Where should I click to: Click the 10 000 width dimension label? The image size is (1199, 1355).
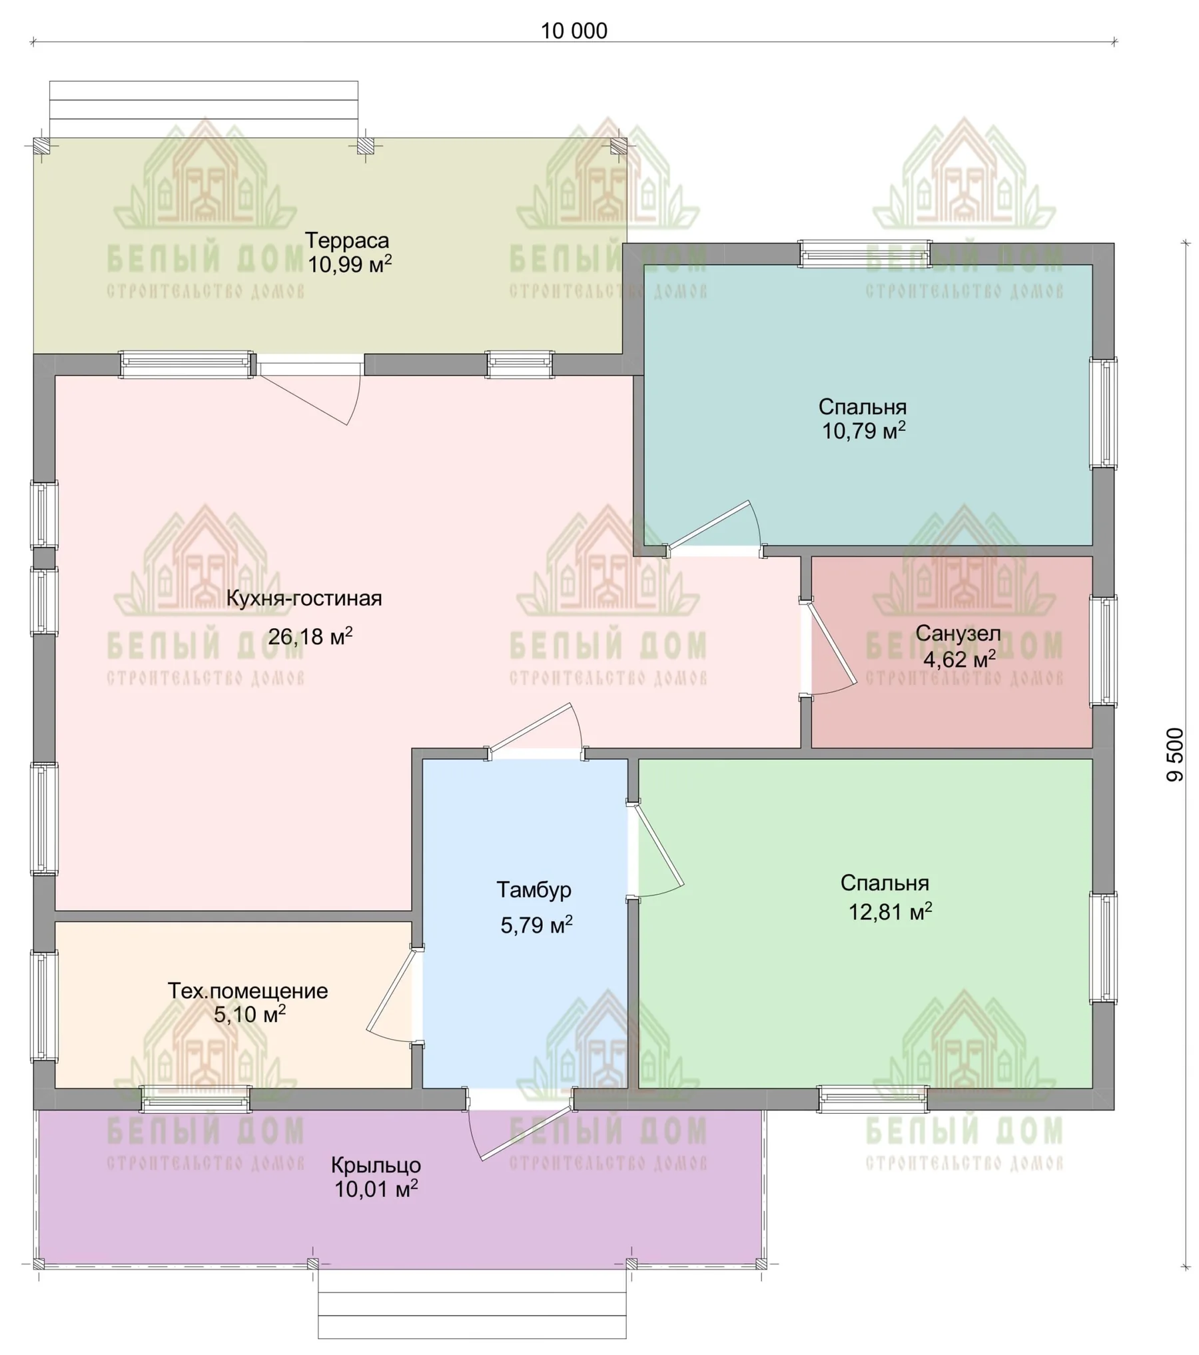574,31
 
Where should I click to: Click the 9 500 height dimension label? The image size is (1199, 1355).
1176,754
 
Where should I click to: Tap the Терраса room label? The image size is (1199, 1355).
347,240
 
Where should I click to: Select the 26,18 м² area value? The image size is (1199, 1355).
310,636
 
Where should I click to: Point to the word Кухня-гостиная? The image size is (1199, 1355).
304,598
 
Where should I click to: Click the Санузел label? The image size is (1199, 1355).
958,633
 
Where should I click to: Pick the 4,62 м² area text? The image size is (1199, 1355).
959,659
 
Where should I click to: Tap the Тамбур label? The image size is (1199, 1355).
534,889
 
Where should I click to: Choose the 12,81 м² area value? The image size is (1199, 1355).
890,911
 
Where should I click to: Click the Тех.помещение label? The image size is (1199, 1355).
248,991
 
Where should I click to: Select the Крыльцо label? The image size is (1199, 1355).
376,1165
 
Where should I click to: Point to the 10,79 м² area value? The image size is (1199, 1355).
863,430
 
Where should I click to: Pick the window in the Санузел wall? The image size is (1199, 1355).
1103,652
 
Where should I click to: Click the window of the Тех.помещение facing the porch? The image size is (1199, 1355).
196,1099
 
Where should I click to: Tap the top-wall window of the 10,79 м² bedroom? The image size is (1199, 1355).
865,254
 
